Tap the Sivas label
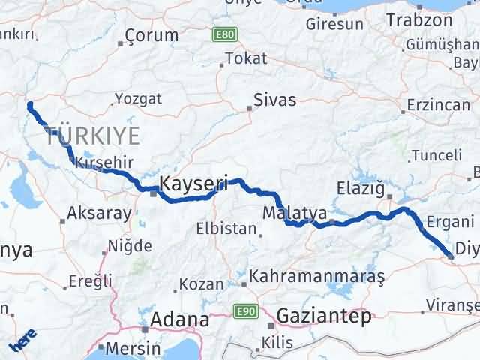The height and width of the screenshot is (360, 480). [x=274, y=100]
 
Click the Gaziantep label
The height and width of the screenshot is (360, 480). [x=324, y=316]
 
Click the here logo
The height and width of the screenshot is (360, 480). [x=22, y=343]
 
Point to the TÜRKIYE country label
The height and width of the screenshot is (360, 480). [x=92, y=136]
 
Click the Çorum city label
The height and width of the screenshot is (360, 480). [x=152, y=35]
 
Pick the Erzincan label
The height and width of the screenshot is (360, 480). [x=439, y=105]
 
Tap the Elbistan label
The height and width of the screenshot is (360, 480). [x=226, y=229]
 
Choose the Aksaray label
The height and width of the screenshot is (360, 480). [x=100, y=213]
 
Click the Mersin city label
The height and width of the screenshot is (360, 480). [x=133, y=349]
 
